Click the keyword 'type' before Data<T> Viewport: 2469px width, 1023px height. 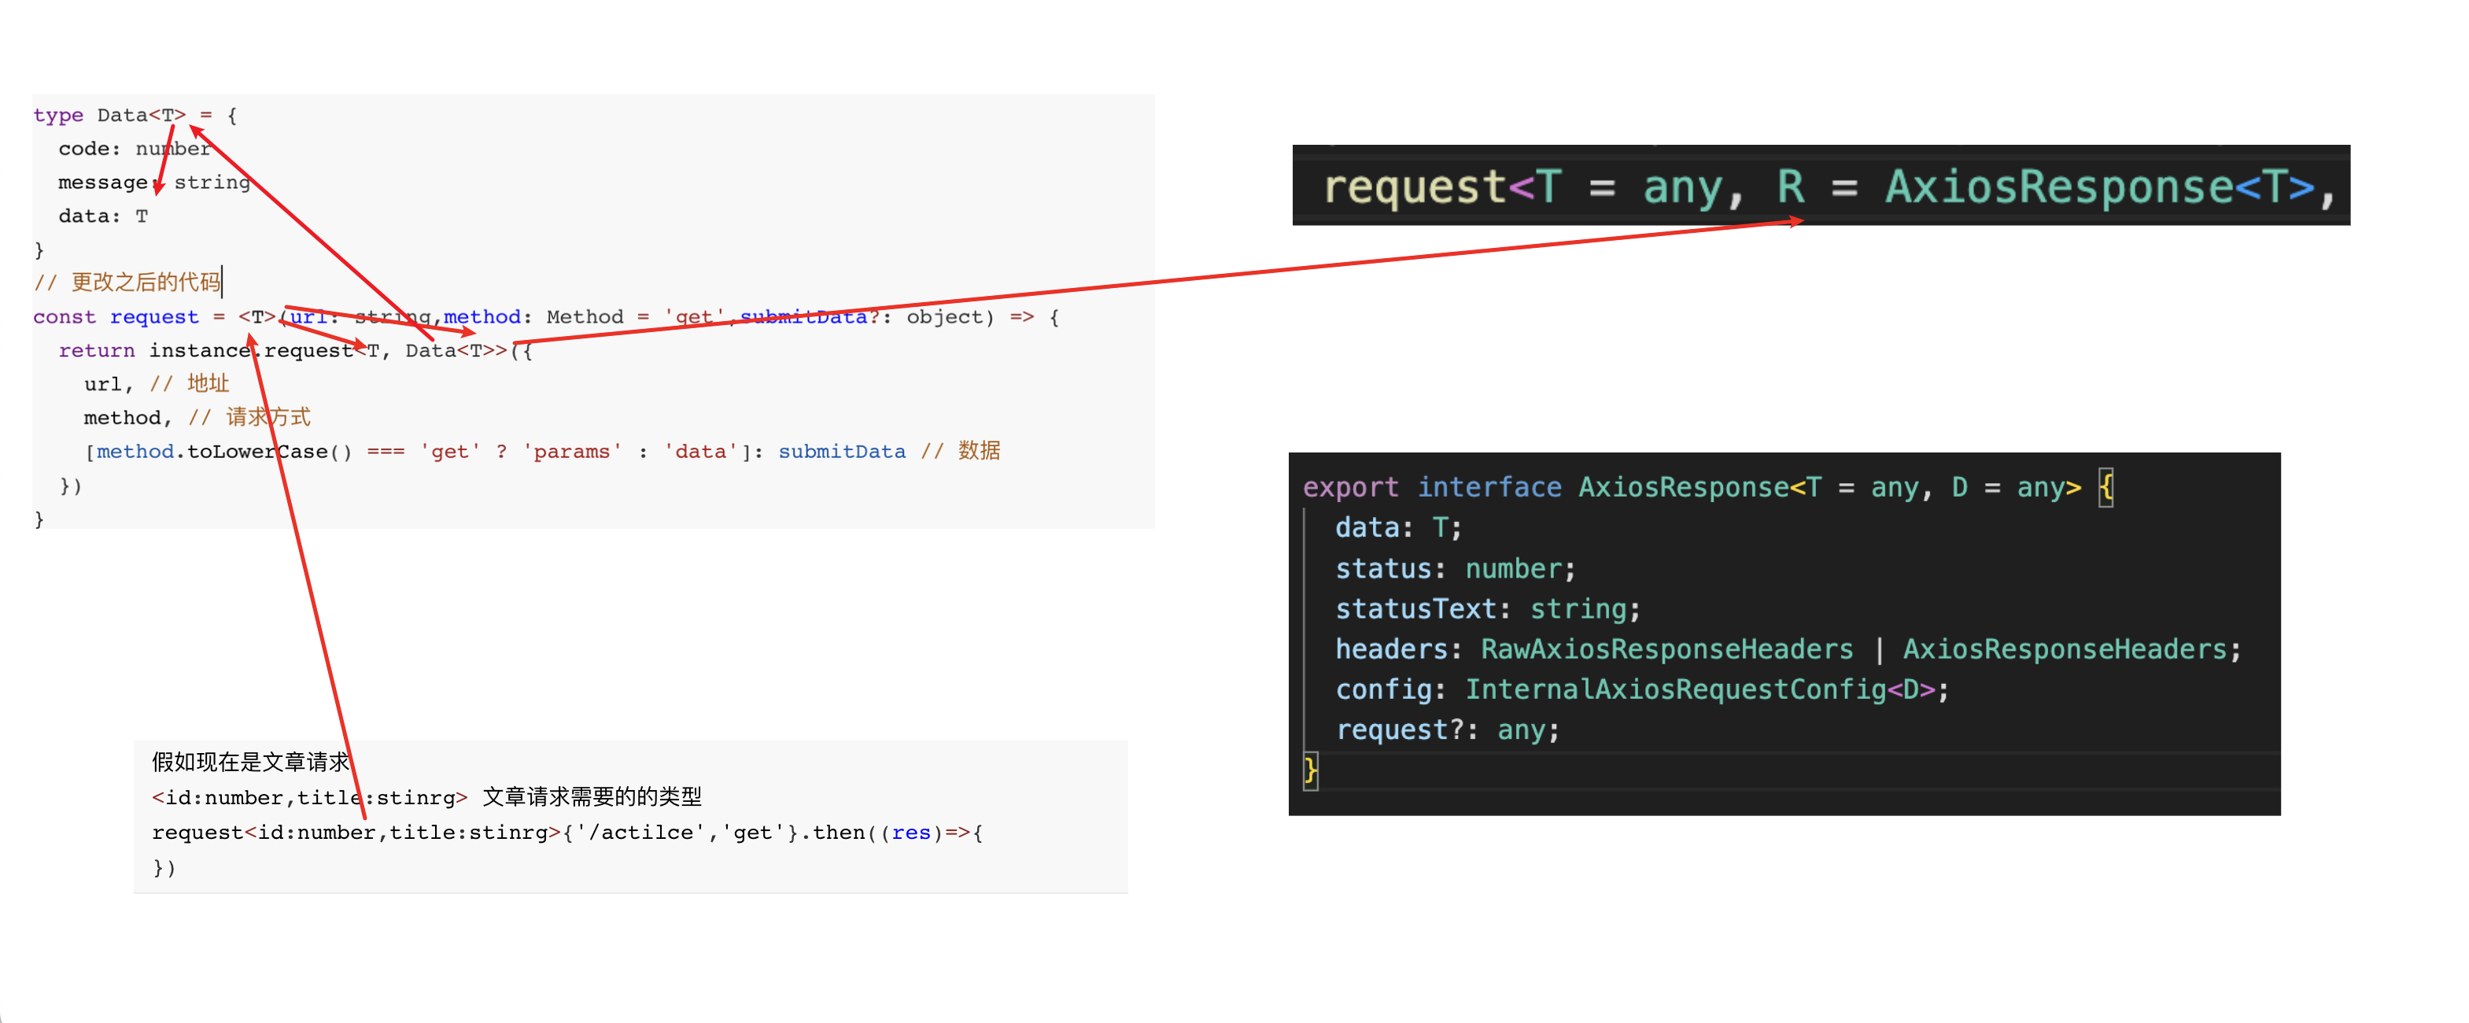pyautogui.click(x=57, y=115)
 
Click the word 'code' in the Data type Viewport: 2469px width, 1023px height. pyautogui.click(x=89, y=149)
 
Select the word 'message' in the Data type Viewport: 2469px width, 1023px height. pyautogui.click(x=102, y=182)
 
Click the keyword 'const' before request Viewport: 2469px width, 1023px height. pyautogui.click(x=65, y=317)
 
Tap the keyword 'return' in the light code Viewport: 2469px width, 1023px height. pyautogui.click(x=96, y=351)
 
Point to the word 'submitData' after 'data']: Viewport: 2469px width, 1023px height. pyautogui.click(x=840, y=452)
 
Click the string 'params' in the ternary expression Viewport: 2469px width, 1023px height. pyautogui.click(x=571, y=452)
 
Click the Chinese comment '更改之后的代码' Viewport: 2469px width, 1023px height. pyautogui.click(x=146, y=282)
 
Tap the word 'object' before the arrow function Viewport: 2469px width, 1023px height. pyautogui.click(x=944, y=317)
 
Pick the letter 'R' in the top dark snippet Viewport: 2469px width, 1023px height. pyautogui.click(x=1789, y=187)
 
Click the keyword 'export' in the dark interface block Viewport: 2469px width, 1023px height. pyautogui.click(x=1349, y=487)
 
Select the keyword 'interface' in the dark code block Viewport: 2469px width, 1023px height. pyautogui.click(x=1489, y=487)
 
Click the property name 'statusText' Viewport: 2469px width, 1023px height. pyautogui.click(x=1415, y=609)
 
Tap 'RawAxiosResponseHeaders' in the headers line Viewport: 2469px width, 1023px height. pyautogui.click(x=1666, y=649)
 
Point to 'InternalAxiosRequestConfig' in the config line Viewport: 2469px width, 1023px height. pyautogui.click(x=1674, y=689)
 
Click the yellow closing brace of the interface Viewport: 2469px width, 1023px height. pyautogui.click(x=1310, y=770)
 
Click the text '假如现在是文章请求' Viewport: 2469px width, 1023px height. pyautogui.click(x=250, y=763)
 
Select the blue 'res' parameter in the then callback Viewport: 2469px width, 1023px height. pyautogui.click(x=910, y=833)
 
